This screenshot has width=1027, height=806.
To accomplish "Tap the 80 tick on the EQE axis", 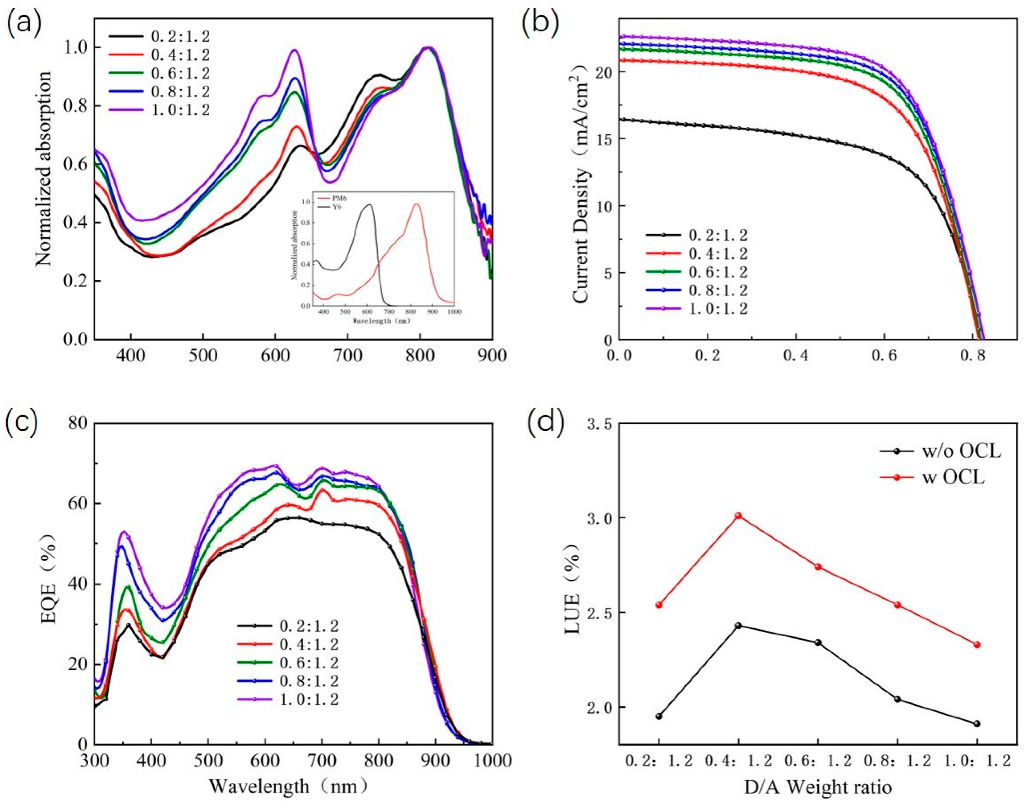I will (79, 424).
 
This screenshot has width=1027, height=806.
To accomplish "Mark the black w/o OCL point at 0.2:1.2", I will (659, 716).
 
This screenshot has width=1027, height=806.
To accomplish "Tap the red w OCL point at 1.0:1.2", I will (977, 644).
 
